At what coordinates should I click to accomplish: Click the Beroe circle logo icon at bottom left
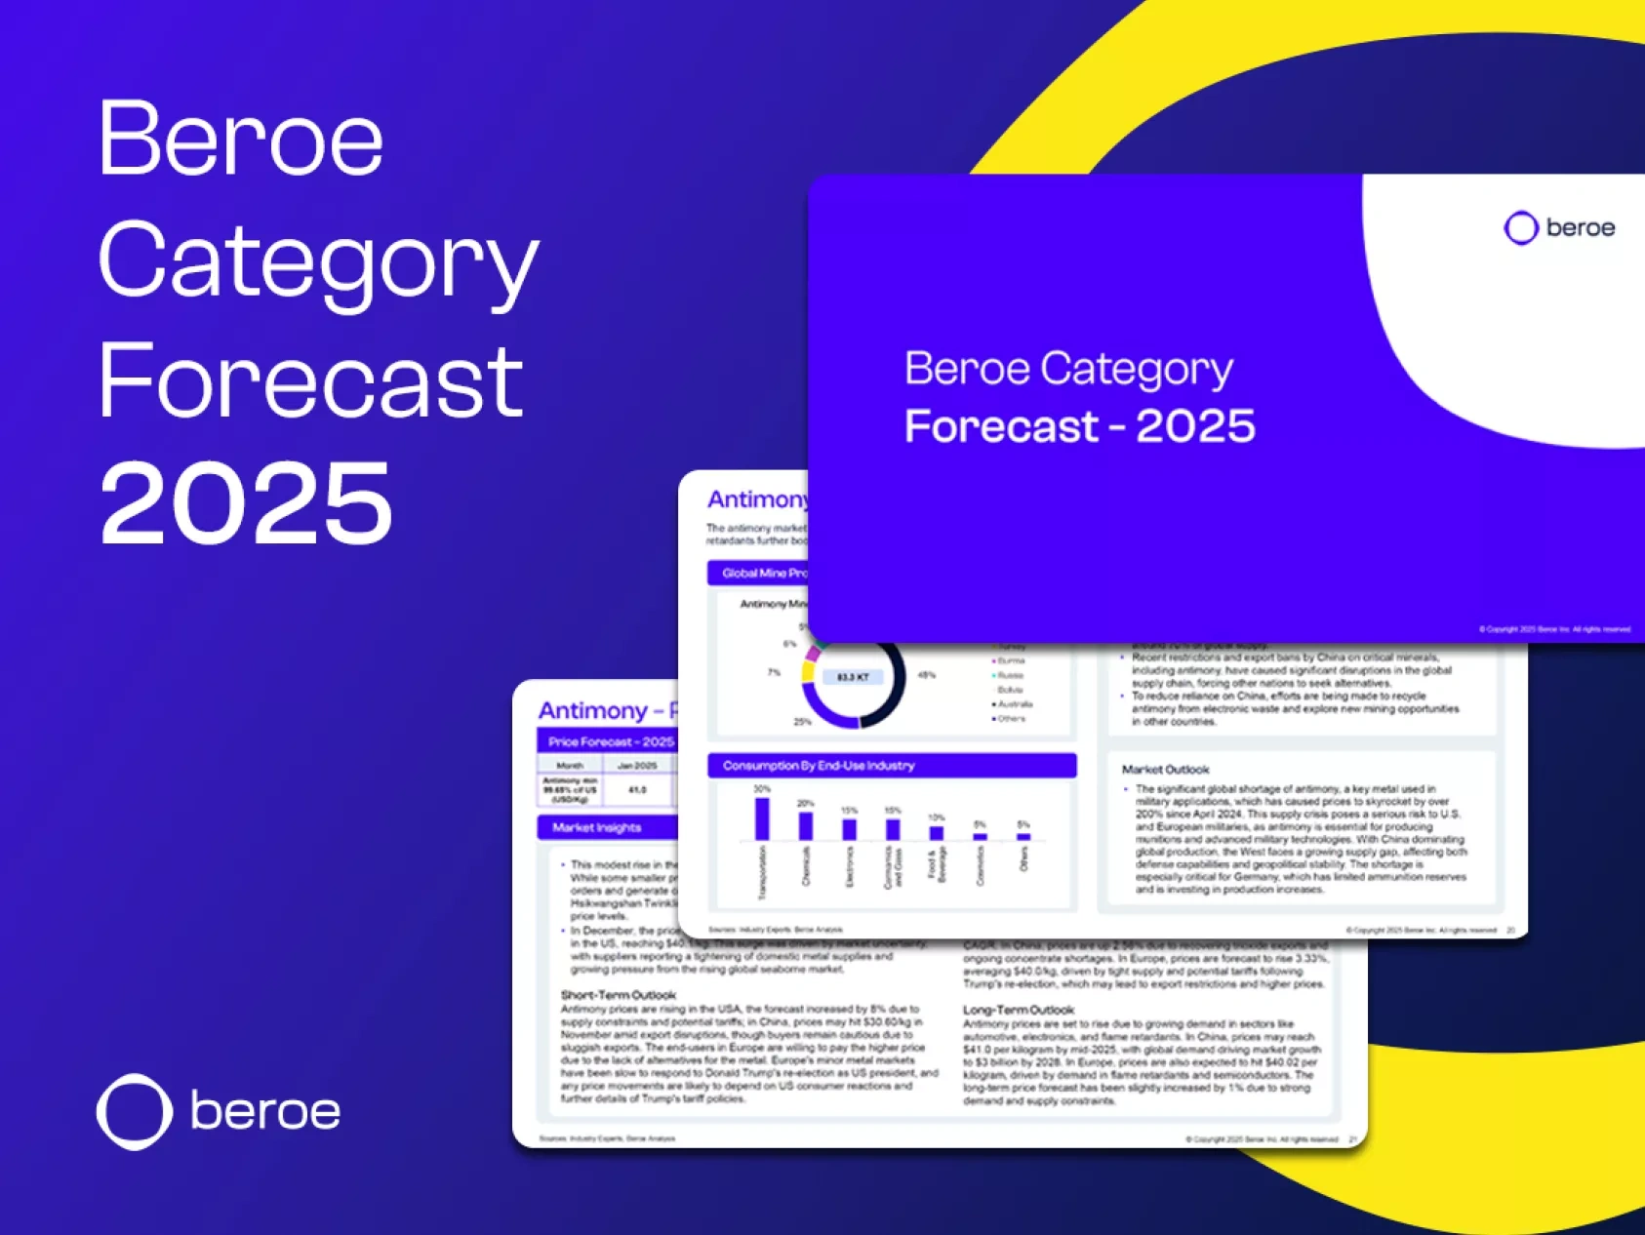point(135,1111)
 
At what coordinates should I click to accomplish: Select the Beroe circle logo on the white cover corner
point(1520,228)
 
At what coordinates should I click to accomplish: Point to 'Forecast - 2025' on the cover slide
point(1079,426)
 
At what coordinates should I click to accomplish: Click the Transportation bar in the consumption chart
point(762,818)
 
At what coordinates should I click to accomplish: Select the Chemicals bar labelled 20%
point(806,825)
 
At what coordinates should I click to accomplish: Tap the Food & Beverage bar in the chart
point(937,832)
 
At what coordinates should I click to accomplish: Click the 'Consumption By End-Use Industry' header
point(819,766)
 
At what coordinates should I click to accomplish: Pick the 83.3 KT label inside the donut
point(853,677)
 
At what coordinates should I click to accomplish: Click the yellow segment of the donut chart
point(808,671)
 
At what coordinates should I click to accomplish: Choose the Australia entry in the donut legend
point(1014,704)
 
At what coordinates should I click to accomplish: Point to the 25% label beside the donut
point(802,722)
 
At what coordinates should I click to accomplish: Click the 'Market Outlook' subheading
point(1165,770)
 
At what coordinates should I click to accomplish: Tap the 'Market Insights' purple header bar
point(597,828)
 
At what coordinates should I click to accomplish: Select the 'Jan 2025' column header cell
point(637,766)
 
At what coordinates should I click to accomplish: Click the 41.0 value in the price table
point(637,790)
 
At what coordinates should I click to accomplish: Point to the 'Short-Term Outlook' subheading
point(619,995)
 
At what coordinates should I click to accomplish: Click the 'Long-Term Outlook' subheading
point(1019,1010)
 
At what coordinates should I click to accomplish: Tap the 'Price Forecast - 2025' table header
point(611,742)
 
